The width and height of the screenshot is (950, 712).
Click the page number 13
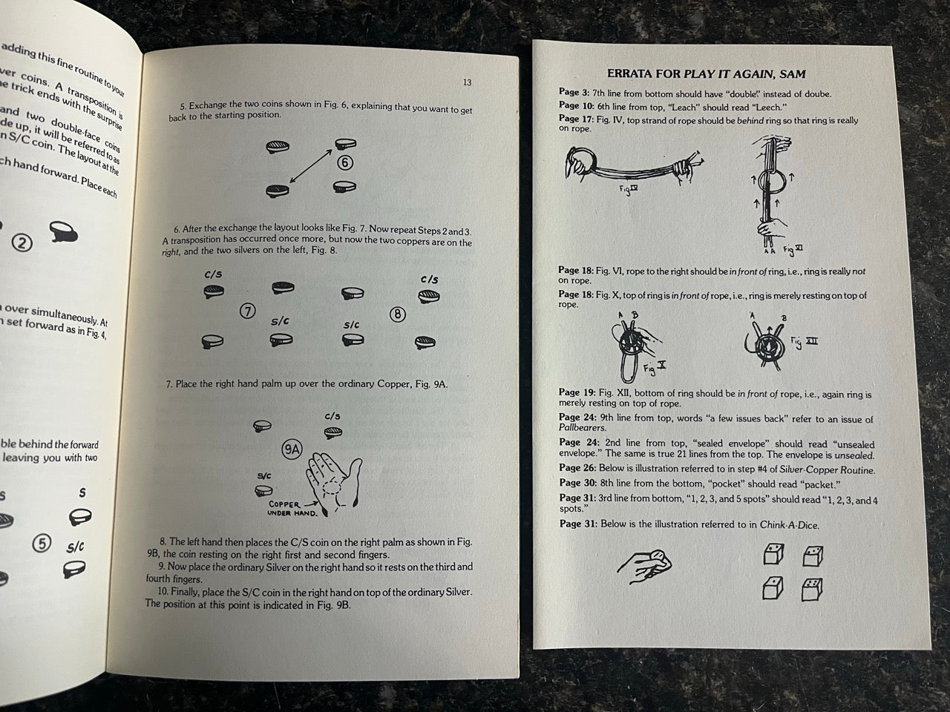coord(466,82)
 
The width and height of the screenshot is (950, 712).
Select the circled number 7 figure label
coord(248,311)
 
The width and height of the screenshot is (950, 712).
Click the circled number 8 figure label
coord(398,314)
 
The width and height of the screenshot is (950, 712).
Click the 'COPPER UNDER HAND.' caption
coord(292,509)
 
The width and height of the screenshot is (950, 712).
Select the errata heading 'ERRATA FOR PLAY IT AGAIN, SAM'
coord(706,73)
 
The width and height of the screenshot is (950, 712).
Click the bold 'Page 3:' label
coord(574,93)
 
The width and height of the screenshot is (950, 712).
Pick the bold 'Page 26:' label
coord(576,469)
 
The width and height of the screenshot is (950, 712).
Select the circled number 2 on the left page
coord(23,243)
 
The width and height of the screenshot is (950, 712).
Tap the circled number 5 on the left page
coord(42,544)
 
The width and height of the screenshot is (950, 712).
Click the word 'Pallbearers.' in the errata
coord(583,428)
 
